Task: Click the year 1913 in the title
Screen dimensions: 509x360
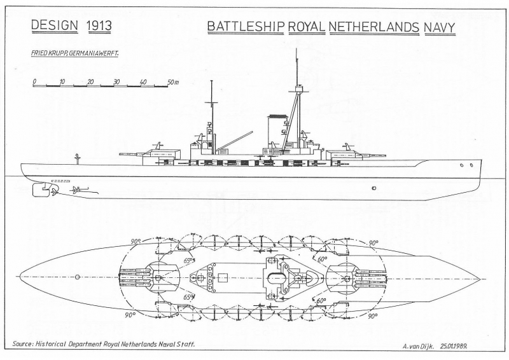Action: (99, 25)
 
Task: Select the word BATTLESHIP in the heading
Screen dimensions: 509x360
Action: (246, 27)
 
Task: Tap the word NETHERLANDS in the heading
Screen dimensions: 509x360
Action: (374, 27)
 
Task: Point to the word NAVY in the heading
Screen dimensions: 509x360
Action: (440, 28)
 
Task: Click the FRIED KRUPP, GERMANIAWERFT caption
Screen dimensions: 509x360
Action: (74, 53)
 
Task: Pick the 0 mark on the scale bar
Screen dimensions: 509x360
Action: (34, 81)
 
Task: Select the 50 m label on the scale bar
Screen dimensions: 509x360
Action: (173, 82)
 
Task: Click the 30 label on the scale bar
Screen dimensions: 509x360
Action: (117, 81)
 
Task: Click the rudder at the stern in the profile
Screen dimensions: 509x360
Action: (40, 190)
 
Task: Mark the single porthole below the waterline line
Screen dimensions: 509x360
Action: (374, 188)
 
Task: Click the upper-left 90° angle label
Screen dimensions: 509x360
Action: (136, 242)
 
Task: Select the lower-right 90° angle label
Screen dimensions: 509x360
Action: (373, 315)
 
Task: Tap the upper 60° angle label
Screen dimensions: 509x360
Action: (323, 259)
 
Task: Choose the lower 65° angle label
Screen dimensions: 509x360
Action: (189, 297)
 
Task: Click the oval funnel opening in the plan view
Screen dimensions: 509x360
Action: (276, 277)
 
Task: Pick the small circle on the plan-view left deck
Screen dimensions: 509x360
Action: (77, 277)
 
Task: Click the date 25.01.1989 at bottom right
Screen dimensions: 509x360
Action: (454, 346)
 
